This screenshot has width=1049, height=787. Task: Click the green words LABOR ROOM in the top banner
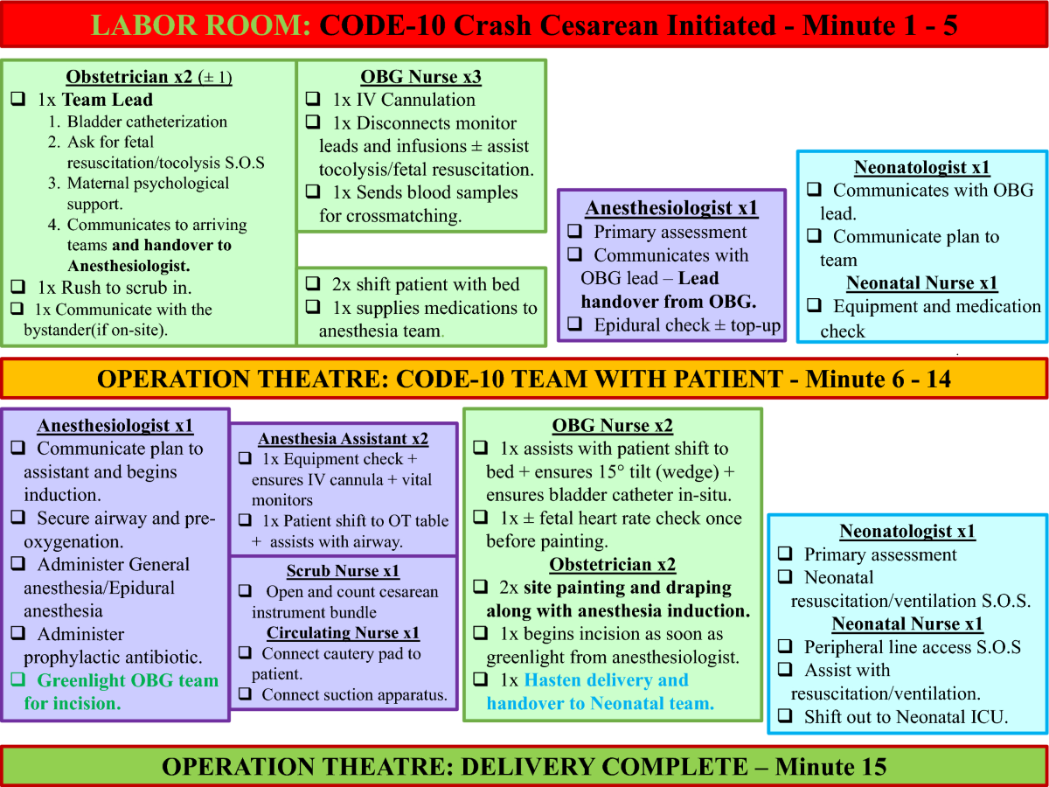201,24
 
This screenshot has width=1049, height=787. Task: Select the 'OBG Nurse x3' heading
420,76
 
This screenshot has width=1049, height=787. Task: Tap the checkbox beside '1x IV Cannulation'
313,99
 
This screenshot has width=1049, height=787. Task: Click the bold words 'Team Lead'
108,100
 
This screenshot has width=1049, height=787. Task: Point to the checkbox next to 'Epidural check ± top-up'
575,324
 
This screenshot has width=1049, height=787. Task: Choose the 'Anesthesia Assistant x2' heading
344,439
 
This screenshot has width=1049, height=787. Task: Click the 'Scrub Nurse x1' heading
343,570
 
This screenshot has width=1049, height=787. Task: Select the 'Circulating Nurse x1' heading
343,632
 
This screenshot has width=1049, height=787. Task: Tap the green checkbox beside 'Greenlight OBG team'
18,679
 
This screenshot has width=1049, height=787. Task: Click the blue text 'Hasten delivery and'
606,679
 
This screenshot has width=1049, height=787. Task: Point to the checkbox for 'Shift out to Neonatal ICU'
785,716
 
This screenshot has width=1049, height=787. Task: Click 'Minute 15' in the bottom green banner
830,766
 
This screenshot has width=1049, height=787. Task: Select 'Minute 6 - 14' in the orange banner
878,379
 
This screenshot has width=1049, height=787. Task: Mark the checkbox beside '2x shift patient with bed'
313,283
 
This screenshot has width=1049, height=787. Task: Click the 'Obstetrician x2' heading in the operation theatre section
612,564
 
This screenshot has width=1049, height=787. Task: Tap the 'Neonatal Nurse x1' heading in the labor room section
922,282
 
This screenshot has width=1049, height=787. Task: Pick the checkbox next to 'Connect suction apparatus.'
245,693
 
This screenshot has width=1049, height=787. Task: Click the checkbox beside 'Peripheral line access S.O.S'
785,646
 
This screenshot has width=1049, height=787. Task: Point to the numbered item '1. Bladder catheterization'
137,122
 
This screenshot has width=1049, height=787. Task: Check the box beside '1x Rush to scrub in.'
18,287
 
